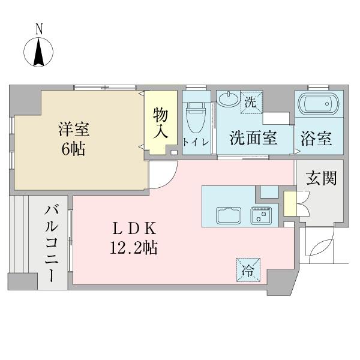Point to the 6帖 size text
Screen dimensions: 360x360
tap(73, 148)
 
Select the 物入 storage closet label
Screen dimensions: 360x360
tap(160, 122)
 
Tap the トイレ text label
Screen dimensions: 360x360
tap(196, 142)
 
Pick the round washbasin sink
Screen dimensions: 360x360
tap(227, 99)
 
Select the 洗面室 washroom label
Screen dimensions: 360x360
tap(253, 139)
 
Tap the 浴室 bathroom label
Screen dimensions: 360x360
tap(317, 139)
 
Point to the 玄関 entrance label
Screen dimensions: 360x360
tap(321, 178)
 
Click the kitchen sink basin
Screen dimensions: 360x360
tap(227, 214)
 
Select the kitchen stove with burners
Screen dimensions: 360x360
tap(261, 214)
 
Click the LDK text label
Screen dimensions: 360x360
tap(136, 229)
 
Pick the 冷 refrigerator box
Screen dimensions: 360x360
tap(248, 269)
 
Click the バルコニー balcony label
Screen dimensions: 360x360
tap(51, 244)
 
